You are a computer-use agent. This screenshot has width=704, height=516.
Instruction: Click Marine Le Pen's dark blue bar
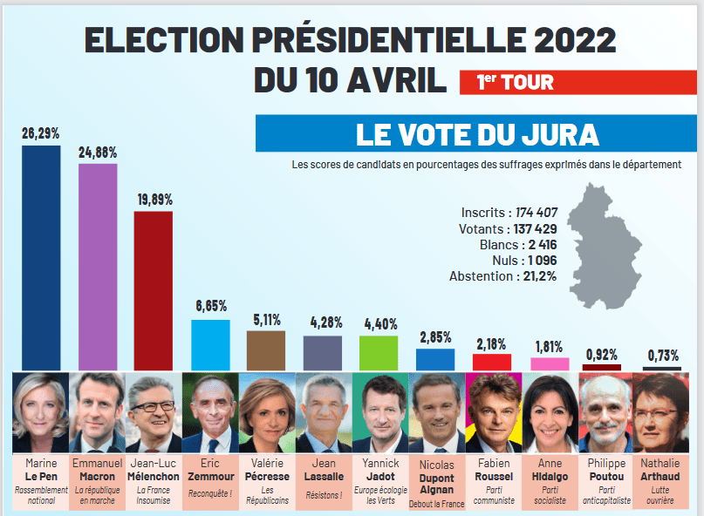coord(41,257)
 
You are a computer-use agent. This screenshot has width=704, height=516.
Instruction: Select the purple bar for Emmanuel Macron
coord(98,266)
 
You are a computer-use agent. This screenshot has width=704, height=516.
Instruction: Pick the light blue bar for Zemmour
coord(210,345)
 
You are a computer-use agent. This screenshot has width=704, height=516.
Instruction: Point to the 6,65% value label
coord(211,306)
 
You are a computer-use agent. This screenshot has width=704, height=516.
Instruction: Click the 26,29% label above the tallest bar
coord(41,132)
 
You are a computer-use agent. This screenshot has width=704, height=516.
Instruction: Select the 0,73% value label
coord(663,355)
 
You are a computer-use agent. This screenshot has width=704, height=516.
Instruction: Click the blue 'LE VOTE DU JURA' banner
coord(476,134)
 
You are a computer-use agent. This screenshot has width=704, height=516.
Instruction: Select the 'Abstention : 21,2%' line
coord(502,276)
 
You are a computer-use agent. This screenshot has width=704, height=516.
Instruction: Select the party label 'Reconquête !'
coord(210,494)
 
